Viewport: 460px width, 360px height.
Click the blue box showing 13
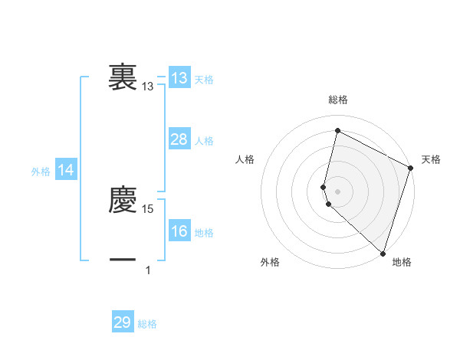(179, 78)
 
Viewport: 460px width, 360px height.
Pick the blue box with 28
(179, 139)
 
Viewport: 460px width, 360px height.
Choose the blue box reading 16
(179, 231)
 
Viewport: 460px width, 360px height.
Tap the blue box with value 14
(66, 171)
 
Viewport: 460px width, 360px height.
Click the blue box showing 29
(123, 322)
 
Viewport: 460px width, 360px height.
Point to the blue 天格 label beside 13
(204, 80)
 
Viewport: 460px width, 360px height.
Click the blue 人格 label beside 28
(204, 141)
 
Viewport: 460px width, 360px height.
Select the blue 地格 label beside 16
(204, 233)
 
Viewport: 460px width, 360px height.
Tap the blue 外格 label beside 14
(41, 172)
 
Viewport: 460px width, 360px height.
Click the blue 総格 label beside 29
(147, 324)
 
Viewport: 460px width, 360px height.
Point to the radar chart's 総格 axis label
(338, 100)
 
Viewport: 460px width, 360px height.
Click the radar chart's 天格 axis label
(432, 159)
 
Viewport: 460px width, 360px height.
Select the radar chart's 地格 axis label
(402, 263)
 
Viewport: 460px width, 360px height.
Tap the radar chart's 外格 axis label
(270, 263)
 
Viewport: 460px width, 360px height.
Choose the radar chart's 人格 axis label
(245, 159)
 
